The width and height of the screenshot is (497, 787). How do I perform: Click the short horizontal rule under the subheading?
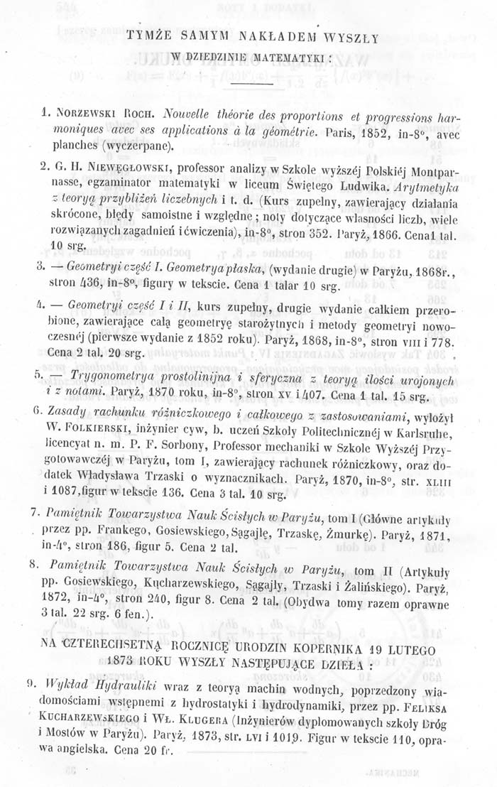pos(252,85)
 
